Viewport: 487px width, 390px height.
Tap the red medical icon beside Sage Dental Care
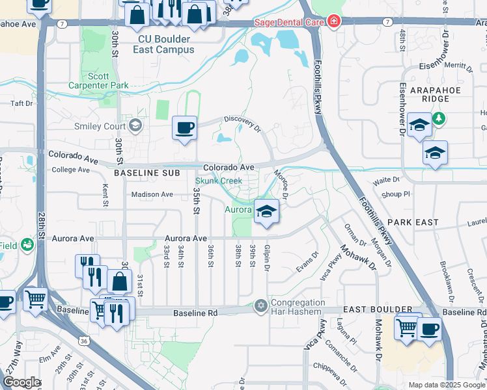click(334, 22)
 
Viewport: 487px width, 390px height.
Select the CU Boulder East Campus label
click(164, 44)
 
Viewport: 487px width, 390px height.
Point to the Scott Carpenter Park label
click(98, 81)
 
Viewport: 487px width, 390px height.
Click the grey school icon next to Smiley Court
click(135, 125)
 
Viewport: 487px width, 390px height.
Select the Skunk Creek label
click(219, 180)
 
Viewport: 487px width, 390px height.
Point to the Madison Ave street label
click(152, 194)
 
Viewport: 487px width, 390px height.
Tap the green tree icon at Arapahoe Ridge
click(440, 118)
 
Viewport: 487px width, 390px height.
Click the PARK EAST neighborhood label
click(417, 222)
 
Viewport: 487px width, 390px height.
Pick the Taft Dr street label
click(21, 103)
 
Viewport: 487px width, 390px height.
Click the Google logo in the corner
click(21, 382)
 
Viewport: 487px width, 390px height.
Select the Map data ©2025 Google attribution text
click(447, 385)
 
